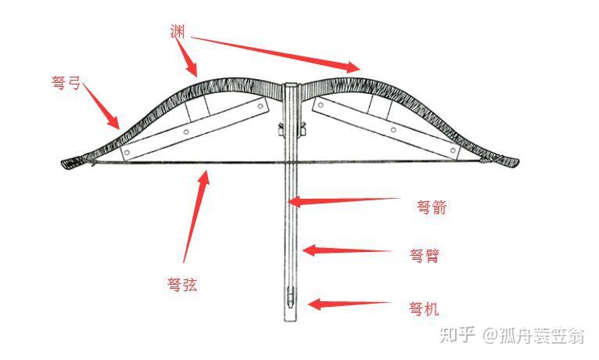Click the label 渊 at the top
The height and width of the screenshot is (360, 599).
(x=177, y=31)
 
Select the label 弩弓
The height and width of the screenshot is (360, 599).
(x=66, y=82)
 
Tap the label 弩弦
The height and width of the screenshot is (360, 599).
(x=182, y=285)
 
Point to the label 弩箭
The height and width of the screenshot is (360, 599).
(x=432, y=208)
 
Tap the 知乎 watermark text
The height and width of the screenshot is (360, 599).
(x=457, y=335)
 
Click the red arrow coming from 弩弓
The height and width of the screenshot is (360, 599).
(x=102, y=106)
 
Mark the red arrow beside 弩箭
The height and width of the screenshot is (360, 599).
(x=344, y=200)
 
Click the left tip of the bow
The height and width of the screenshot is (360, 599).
(x=66, y=163)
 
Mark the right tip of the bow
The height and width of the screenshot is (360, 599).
(x=514, y=163)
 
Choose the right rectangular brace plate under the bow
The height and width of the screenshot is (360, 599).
(x=386, y=128)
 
